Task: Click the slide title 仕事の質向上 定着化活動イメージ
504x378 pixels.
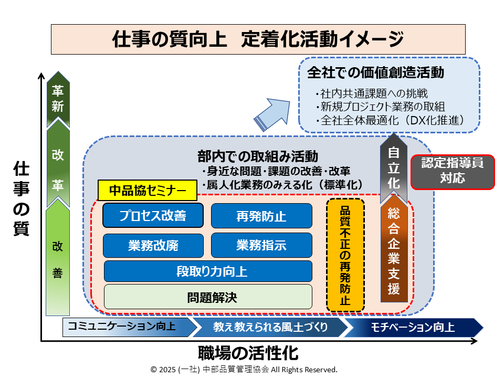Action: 258,39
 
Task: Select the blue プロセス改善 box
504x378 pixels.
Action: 153,215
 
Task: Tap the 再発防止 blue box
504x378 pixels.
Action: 261,216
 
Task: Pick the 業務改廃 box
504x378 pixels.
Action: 153,245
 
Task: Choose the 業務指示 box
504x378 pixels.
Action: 261,245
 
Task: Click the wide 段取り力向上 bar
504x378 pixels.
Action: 208,271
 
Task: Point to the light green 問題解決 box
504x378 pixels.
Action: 208,297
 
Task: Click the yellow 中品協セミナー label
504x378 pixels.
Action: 148,191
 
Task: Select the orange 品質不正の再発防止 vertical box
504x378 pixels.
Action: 345,255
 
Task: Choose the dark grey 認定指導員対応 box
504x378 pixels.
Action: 452,171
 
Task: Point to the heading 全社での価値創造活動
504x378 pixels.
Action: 375,73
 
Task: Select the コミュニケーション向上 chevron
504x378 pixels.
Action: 126,327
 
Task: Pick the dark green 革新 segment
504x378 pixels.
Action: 58,99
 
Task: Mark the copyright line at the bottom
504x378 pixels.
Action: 244,370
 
